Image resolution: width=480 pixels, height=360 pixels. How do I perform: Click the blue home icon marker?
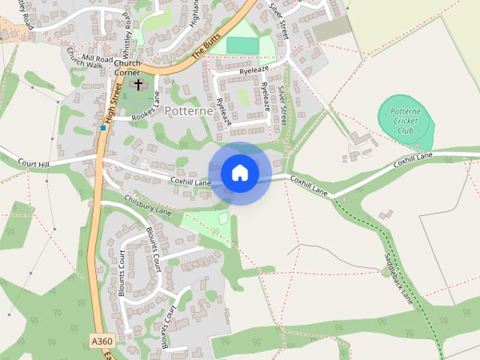(239, 173)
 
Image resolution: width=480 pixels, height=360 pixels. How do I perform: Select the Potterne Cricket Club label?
(405, 121)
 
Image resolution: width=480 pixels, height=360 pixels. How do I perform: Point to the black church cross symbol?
(138, 85)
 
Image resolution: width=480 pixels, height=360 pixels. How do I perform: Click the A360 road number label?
(101, 341)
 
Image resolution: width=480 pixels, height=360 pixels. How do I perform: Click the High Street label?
(112, 103)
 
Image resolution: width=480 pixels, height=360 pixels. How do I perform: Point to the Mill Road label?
(97, 58)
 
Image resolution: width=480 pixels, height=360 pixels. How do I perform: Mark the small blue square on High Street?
(103, 128)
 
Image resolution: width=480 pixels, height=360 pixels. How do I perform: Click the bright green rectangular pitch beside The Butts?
(242, 45)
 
